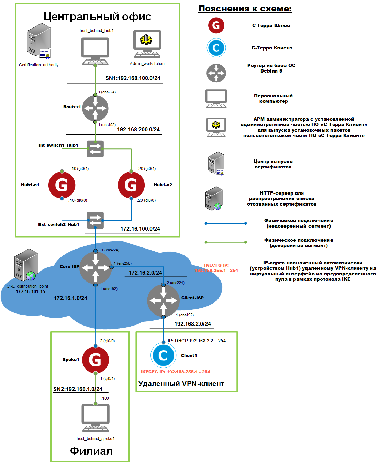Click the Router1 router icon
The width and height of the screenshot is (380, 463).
coord(95,108)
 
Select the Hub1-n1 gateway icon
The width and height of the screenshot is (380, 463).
coord(62,185)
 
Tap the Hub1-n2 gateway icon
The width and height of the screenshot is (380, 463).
coord(131,185)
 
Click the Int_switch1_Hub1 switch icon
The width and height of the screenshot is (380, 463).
coord(95,149)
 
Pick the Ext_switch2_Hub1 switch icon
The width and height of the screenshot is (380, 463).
coord(95,220)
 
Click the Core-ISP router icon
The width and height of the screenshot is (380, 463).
coord(96,268)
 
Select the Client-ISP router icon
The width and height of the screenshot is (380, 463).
coord(164,300)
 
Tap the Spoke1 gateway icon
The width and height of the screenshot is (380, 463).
coord(96,360)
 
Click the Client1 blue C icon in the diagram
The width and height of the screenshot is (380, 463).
coord(163,355)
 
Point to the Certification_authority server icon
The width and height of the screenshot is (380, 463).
coord(39,41)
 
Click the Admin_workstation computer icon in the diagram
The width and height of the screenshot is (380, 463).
coord(147,44)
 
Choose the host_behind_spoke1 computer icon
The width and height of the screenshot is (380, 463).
coord(96,418)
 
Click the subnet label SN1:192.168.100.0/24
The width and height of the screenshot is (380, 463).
coord(133,78)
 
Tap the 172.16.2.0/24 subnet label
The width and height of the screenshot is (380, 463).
coord(145,273)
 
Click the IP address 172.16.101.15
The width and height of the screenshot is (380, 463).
coord(30,291)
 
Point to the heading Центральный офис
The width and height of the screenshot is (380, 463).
coord(98,16)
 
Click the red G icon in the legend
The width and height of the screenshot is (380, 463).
coord(216,25)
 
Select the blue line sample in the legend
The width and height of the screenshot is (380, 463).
coord(225,223)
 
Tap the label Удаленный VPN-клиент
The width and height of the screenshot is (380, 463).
coord(181,384)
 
